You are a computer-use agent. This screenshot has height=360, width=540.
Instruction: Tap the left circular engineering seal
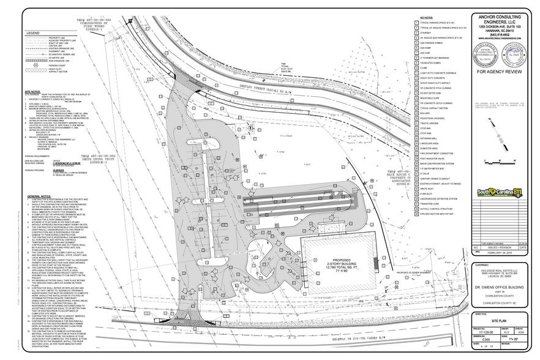click(484, 54)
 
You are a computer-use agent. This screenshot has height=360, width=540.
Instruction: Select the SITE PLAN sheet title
click(501, 320)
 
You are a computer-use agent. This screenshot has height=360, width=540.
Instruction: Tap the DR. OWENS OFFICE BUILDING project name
click(501, 287)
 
